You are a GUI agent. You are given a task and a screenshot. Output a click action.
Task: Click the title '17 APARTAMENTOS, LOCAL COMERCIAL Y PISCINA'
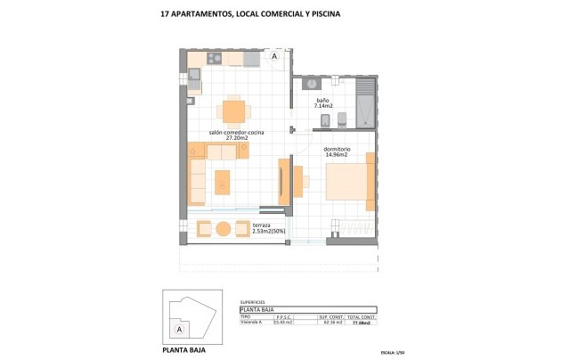[237, 14]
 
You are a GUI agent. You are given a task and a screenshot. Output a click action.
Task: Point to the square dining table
[233, 111]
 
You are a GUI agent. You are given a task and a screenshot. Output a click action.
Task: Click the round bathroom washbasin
[312, 84]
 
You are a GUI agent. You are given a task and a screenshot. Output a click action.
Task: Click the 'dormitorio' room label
[336, 148]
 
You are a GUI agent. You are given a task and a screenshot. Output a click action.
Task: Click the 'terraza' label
[261, 225]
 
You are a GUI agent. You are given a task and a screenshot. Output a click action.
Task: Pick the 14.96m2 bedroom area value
[336, 155]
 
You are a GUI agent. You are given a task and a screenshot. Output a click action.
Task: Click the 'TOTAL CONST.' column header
[361, 315]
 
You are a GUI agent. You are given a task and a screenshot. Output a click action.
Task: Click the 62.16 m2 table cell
[330, 322]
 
